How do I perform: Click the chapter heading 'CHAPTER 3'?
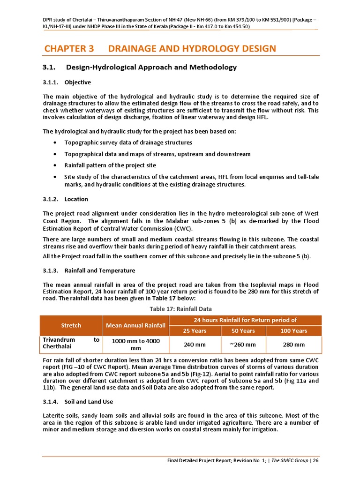click(x=69, y=49)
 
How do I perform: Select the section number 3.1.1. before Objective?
click(x=50, y=82)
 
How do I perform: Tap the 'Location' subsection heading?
click(x=76, y=199)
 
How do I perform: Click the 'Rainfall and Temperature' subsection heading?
click(x=99, y=271)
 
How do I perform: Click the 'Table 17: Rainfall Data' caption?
click(x=180, y=309)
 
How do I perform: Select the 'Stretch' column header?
click(x=71, y=325)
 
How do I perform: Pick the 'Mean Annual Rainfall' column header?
click(x=135, y=325)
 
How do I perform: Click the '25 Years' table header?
click(x=194, y=331)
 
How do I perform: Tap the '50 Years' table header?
click(x=243, y=331)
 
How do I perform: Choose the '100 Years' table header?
click(x=293, y=331)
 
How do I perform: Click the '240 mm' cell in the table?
click(x=194, y=345)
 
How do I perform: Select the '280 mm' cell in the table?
click(x=293, y=345)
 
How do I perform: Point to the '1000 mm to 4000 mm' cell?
click(x=135, y=345)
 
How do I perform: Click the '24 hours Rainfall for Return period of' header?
click(x=245, y=320)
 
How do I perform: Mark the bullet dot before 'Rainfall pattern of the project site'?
click(x=56, y=165)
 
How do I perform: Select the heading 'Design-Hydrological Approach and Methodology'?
click(x=152, y=67)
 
